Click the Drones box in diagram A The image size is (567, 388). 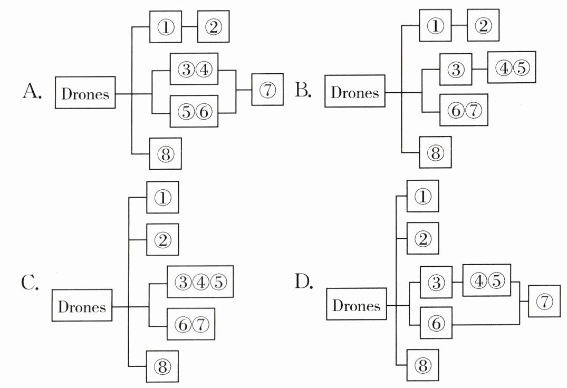click(85, 94)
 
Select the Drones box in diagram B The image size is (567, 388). click(354, 92)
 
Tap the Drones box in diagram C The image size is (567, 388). click(82, 306)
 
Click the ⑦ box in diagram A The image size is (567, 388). click(267, 90)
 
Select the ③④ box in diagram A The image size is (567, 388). click(194, 69)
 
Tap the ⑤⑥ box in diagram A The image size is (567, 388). click(194, 111)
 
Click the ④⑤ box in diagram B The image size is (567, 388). click(511, 67)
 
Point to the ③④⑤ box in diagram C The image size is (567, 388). click(200, 282)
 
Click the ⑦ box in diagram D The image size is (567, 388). click(545, 302)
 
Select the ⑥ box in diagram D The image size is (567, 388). click(436, 323)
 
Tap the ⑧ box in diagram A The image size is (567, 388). click(165, 153)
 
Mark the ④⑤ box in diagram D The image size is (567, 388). click(487, 281)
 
